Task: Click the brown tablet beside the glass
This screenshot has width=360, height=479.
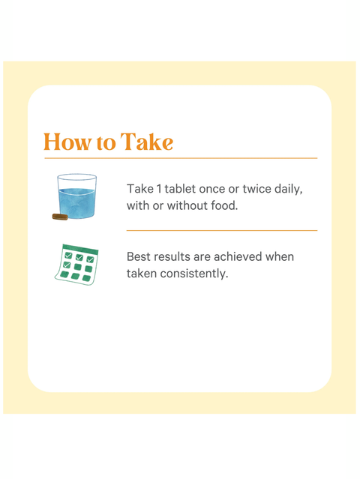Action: point(59,217)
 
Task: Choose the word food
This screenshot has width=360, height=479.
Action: point(224,205)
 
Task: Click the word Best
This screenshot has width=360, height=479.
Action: point(139,256)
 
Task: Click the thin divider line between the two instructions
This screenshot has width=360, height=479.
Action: point(222,230)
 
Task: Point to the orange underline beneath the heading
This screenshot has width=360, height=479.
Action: point(180,158)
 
